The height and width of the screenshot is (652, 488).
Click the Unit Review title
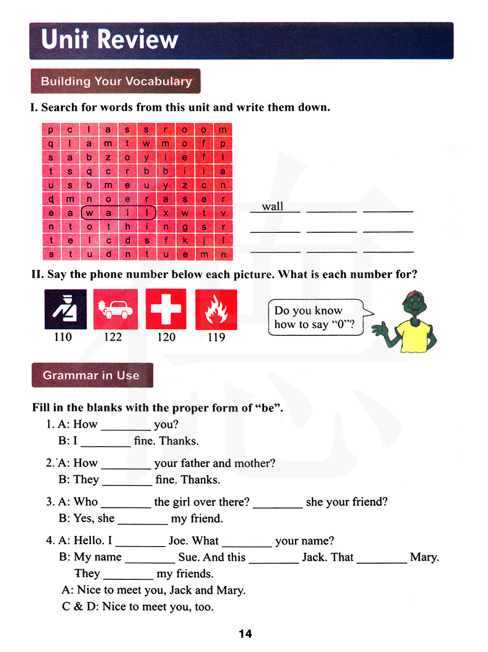(110, 40)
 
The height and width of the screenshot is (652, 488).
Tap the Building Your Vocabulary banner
(116, 81)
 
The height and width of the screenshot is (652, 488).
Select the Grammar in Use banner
(92, 375)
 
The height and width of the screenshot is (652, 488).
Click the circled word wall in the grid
(118, 213)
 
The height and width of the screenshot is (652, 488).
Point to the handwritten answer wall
(273, 206)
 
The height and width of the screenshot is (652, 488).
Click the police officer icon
(65, 309)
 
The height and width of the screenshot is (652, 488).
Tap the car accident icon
(115, 309)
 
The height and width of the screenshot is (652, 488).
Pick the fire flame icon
(216, 309)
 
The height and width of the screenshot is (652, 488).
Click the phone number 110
(63, 337)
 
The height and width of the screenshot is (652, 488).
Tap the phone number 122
(113, 337)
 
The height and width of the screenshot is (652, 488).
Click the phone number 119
(216, 337)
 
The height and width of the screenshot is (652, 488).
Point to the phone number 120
(166, 337)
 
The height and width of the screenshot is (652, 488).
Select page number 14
(245, 633)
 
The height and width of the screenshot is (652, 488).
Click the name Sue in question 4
(188, 557)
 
